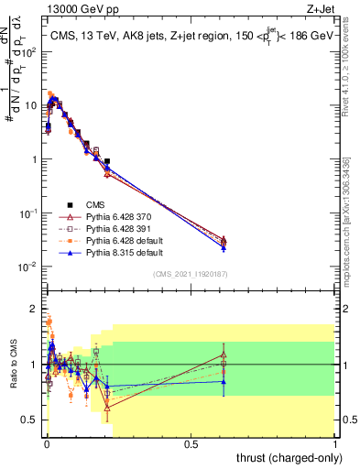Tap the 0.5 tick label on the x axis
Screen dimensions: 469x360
(x=191, y=443)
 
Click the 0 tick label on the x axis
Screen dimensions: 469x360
(x=46, y=443)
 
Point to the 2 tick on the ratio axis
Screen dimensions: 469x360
(x=36, y=309)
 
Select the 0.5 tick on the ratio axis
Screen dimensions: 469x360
(x=32, y=420)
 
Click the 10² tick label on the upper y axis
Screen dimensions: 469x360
(x=30, y=51)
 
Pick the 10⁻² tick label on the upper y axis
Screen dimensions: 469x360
(x=30, y=267)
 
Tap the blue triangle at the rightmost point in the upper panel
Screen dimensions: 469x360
(x=224, y=247)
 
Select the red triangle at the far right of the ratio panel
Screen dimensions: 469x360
(x=224, y=355)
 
